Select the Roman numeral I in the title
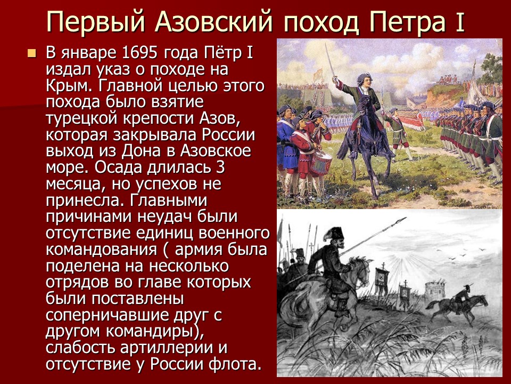(459, 22)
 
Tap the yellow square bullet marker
(32, 53)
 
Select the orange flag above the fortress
(318, 73)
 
